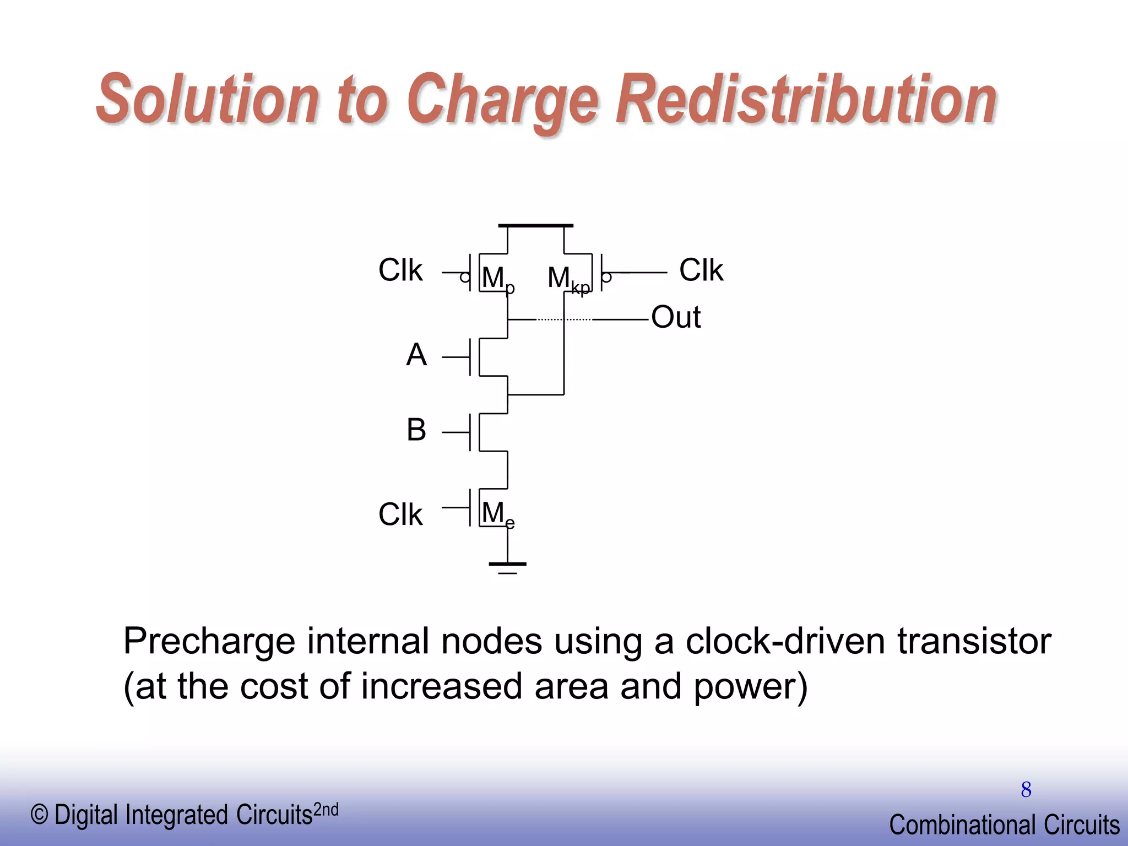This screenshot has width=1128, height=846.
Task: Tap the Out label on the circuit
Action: [676, 317]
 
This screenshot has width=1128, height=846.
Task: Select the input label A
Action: [416, 355]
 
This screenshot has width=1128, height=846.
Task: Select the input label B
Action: [416, 430]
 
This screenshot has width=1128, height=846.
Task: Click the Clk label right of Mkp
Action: [701, 270]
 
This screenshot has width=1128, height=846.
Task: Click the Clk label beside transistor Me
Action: [400, 514]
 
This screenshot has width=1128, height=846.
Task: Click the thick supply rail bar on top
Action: [535, 226]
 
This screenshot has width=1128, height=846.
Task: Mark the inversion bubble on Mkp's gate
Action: [606, 278]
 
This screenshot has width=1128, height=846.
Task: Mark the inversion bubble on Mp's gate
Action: [465, 278]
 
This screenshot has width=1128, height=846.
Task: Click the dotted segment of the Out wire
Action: [564, 319]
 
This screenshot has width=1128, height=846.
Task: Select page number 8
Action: [1026, 790]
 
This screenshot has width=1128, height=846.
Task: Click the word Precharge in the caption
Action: [209, 642]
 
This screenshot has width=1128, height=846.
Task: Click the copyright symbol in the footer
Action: [39, 815]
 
